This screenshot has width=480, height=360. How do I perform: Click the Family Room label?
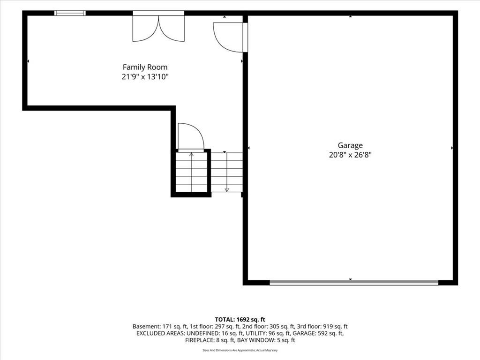(x=145, y=67)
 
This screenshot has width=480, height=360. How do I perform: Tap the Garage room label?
(x=350, y=145)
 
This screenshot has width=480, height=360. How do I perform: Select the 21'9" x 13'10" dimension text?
(x=145, y=76)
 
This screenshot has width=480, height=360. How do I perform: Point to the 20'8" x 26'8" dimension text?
(x=350, y=155)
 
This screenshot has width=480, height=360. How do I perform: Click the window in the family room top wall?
(x=70, y=13)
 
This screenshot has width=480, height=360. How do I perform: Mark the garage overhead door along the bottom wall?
(x=354, y=283)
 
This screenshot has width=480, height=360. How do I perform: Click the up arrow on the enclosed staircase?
(x=192, y=172)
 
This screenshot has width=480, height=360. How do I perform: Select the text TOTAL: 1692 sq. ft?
(x=240, y=320)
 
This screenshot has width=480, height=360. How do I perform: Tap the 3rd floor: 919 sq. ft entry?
(x=322, y=327)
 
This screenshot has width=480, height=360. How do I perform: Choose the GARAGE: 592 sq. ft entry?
(x=318, y=333)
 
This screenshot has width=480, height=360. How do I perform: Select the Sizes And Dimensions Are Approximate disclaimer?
(x=240, y=350)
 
